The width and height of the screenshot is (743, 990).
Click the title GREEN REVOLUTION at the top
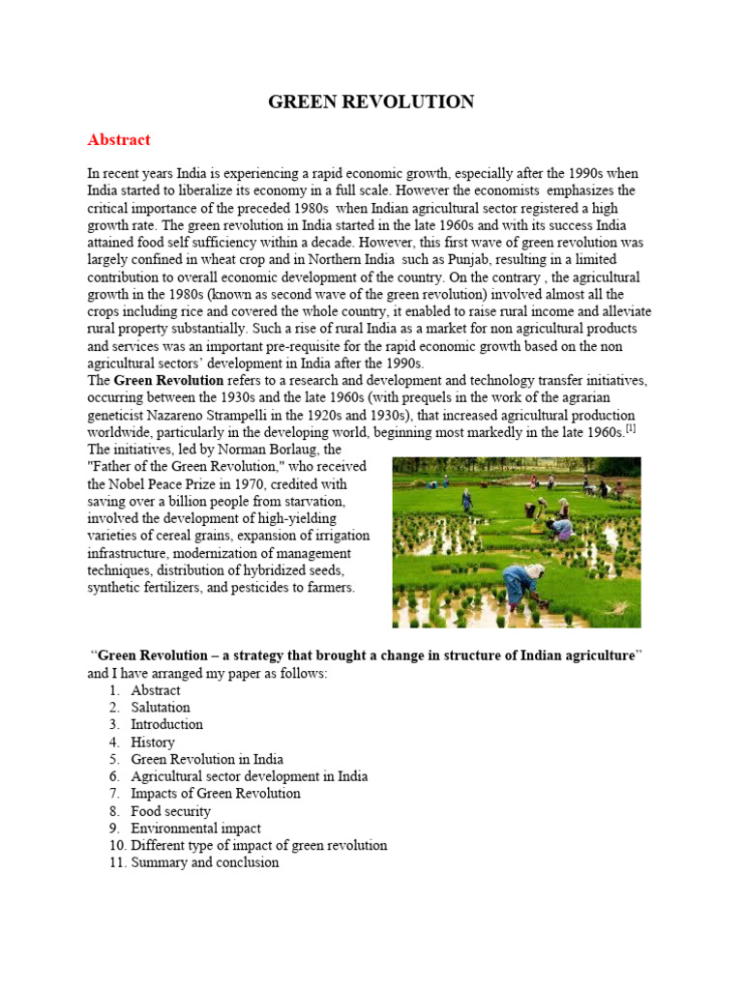371,102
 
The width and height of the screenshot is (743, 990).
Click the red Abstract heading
119,139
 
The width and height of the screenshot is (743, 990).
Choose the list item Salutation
161,707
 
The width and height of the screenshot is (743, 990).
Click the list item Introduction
167,724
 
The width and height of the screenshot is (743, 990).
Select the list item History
153,742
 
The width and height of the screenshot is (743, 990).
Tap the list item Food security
170,811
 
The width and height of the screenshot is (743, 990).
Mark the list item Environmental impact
195,829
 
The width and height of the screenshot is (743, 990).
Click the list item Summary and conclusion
205,862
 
